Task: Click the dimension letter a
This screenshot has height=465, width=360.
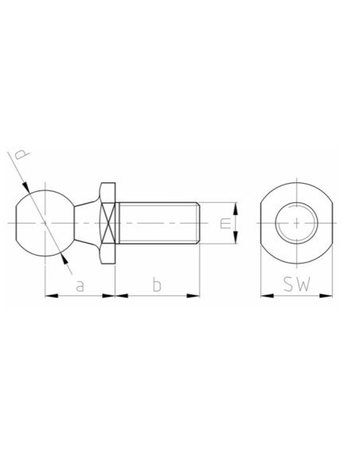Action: (x=80, y=285)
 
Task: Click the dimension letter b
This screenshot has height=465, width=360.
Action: (x=157, y=284)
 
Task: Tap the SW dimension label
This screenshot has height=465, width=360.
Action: (x=296, y=284)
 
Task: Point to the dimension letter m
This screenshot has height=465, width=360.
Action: (x=225, y=223)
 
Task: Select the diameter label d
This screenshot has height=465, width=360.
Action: (x=22, y=154)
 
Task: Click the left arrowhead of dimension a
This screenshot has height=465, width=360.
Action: (x=51, y=295)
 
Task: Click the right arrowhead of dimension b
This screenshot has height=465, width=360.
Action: (x=193, y=295)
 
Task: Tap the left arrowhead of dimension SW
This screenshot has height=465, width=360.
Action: (x=267, y=295)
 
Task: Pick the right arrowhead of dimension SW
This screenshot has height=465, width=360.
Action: (x=326, y=295)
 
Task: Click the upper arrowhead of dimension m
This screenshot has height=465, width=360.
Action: (x=235, y=209)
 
